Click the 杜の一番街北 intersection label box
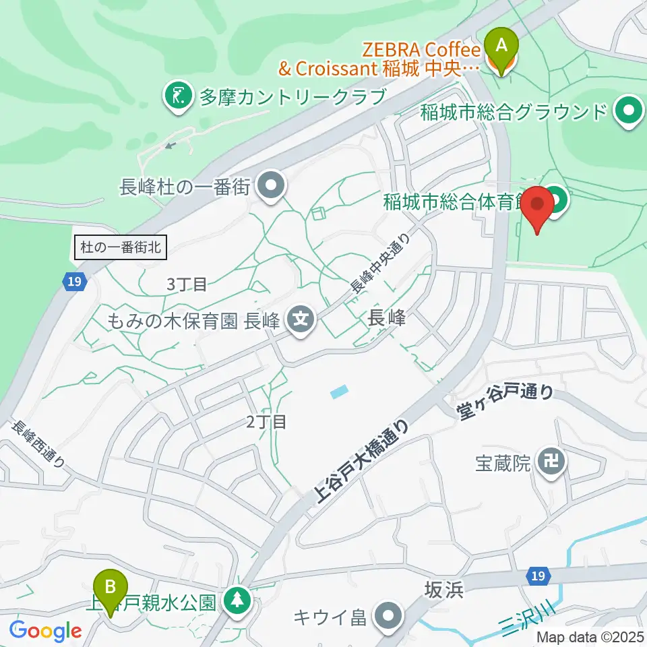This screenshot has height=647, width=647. tap(119, 247)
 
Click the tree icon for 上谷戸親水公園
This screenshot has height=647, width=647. tap(237, 599)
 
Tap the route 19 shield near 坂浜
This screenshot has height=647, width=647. tap(536, 576)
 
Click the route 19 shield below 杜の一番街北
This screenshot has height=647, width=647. tap(76, 281)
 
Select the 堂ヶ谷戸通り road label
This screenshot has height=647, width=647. tap(507, 402)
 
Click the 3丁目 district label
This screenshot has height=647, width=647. tap(187, 284)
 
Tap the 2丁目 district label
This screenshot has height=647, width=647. tap(266, 423)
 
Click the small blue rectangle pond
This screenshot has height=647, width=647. tap(340, 391)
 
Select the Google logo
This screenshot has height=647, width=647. tap(45, 631)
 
